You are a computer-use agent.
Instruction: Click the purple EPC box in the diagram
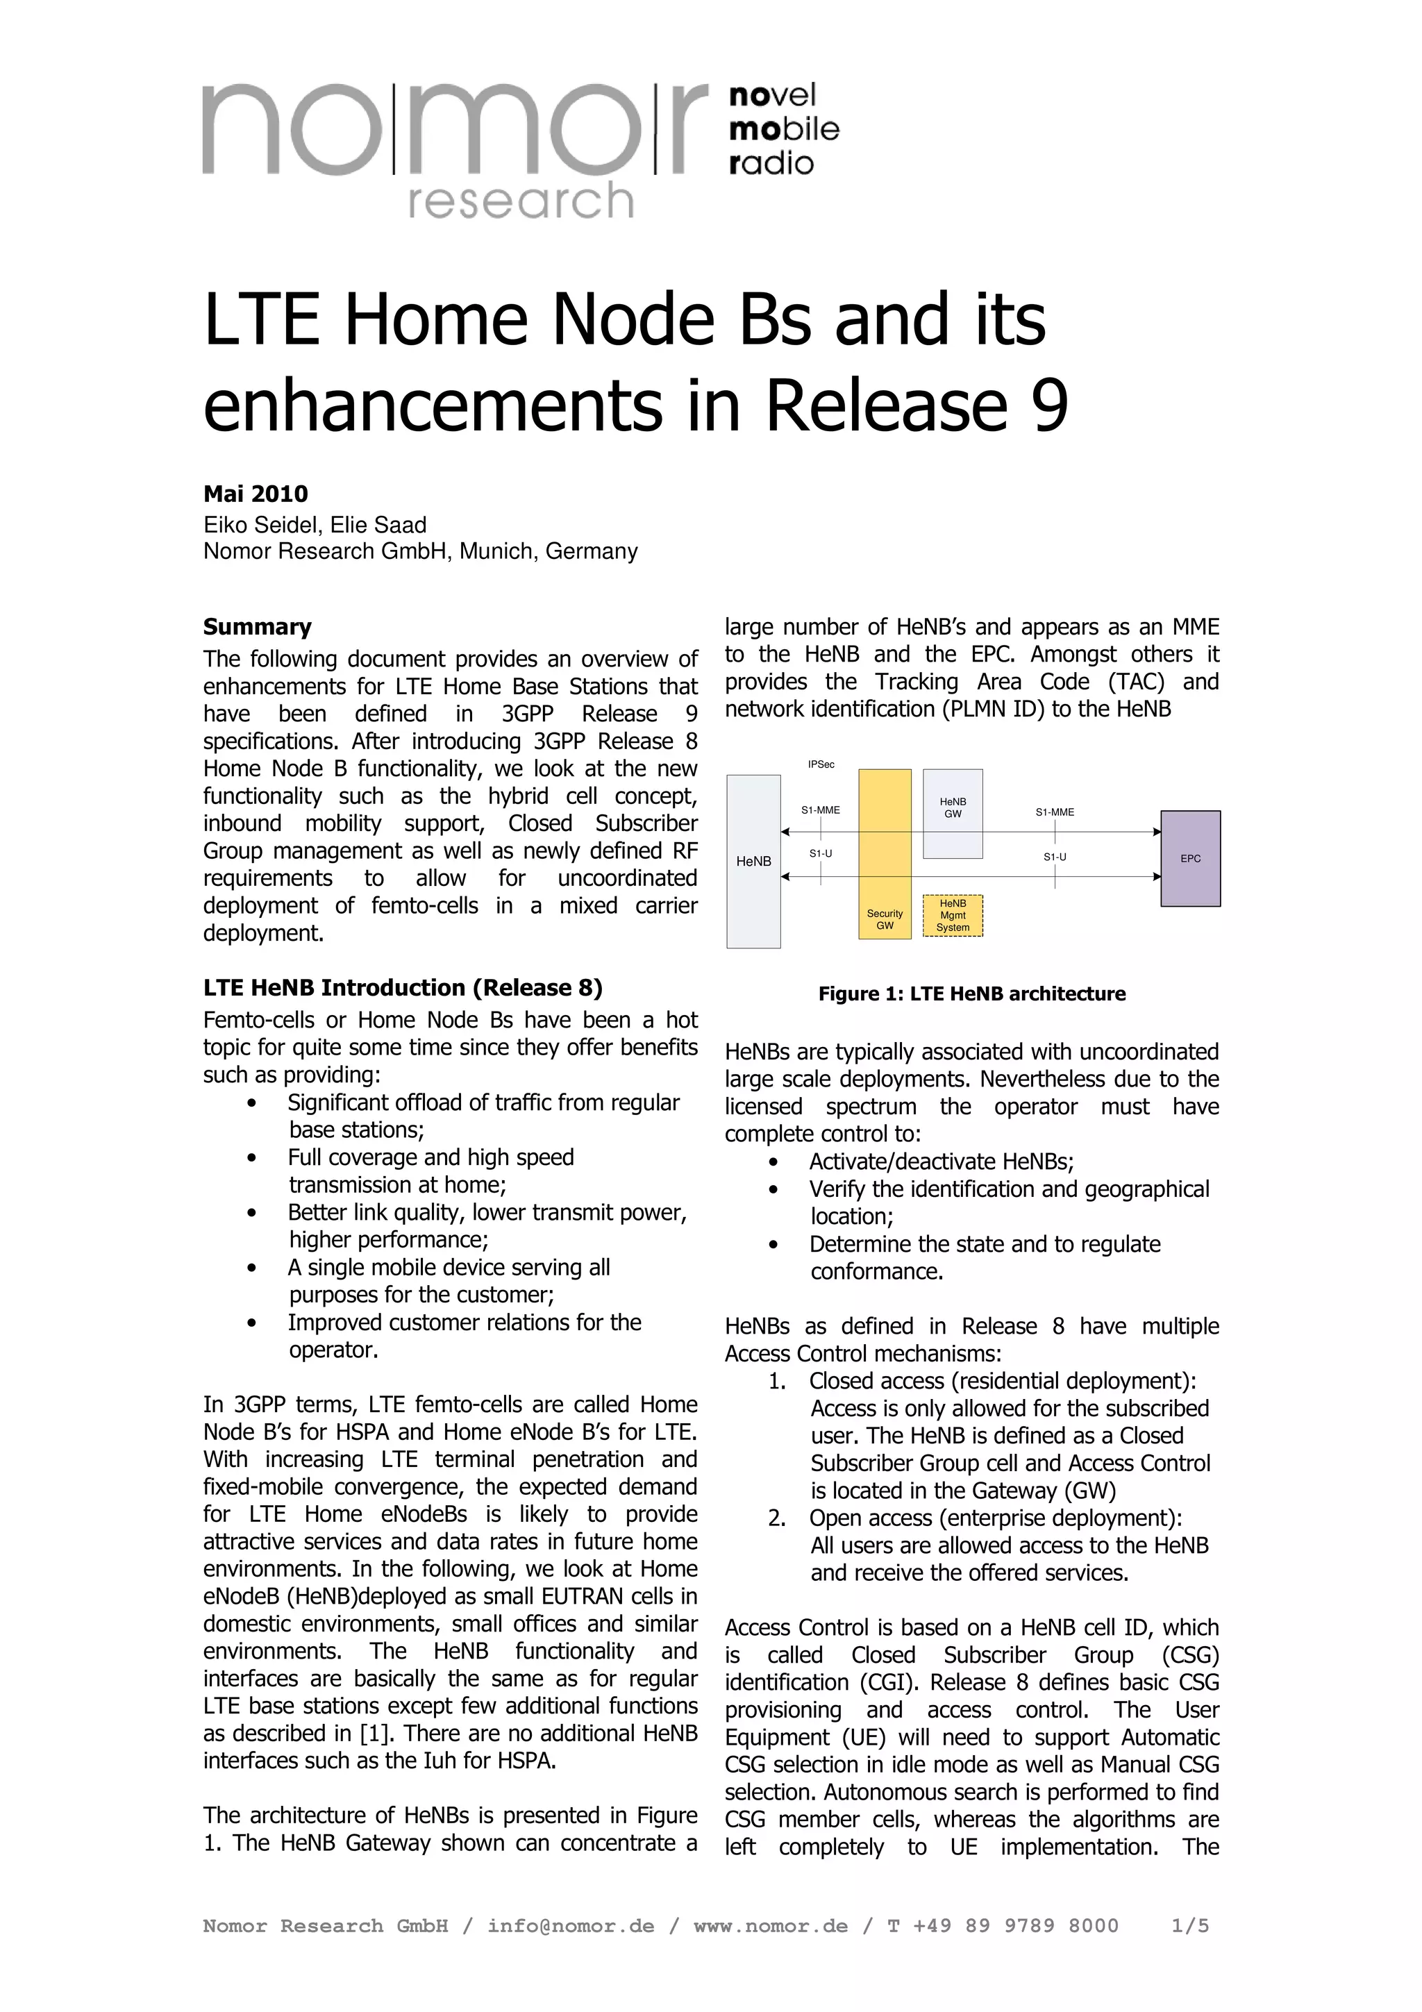(1190, 858)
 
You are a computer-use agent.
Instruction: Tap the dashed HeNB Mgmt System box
(953, 915)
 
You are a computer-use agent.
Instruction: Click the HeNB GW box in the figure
(953, 812)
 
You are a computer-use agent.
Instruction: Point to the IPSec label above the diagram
(821, 765)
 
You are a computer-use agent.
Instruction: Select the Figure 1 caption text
(971, 994)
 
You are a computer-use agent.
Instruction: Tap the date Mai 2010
(255, 494)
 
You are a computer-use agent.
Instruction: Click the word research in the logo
(521, 201)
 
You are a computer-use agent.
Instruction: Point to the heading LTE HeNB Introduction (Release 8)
(402, 987)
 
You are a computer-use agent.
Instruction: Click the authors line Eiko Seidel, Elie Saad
(315, 525)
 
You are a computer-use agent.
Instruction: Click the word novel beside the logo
(772, 94)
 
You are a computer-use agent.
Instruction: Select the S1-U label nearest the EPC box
(1054, 856)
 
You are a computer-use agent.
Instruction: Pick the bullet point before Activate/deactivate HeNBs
(772, 1163)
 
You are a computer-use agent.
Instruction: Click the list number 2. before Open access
(776, 1518)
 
